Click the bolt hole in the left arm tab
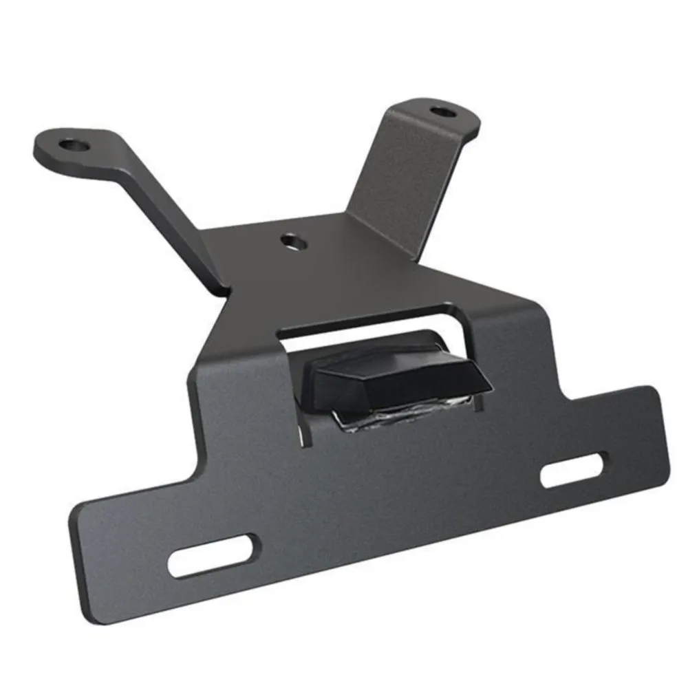coord(71,145)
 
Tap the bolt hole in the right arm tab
coord(439,110)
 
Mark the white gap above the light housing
coord(365,330)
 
